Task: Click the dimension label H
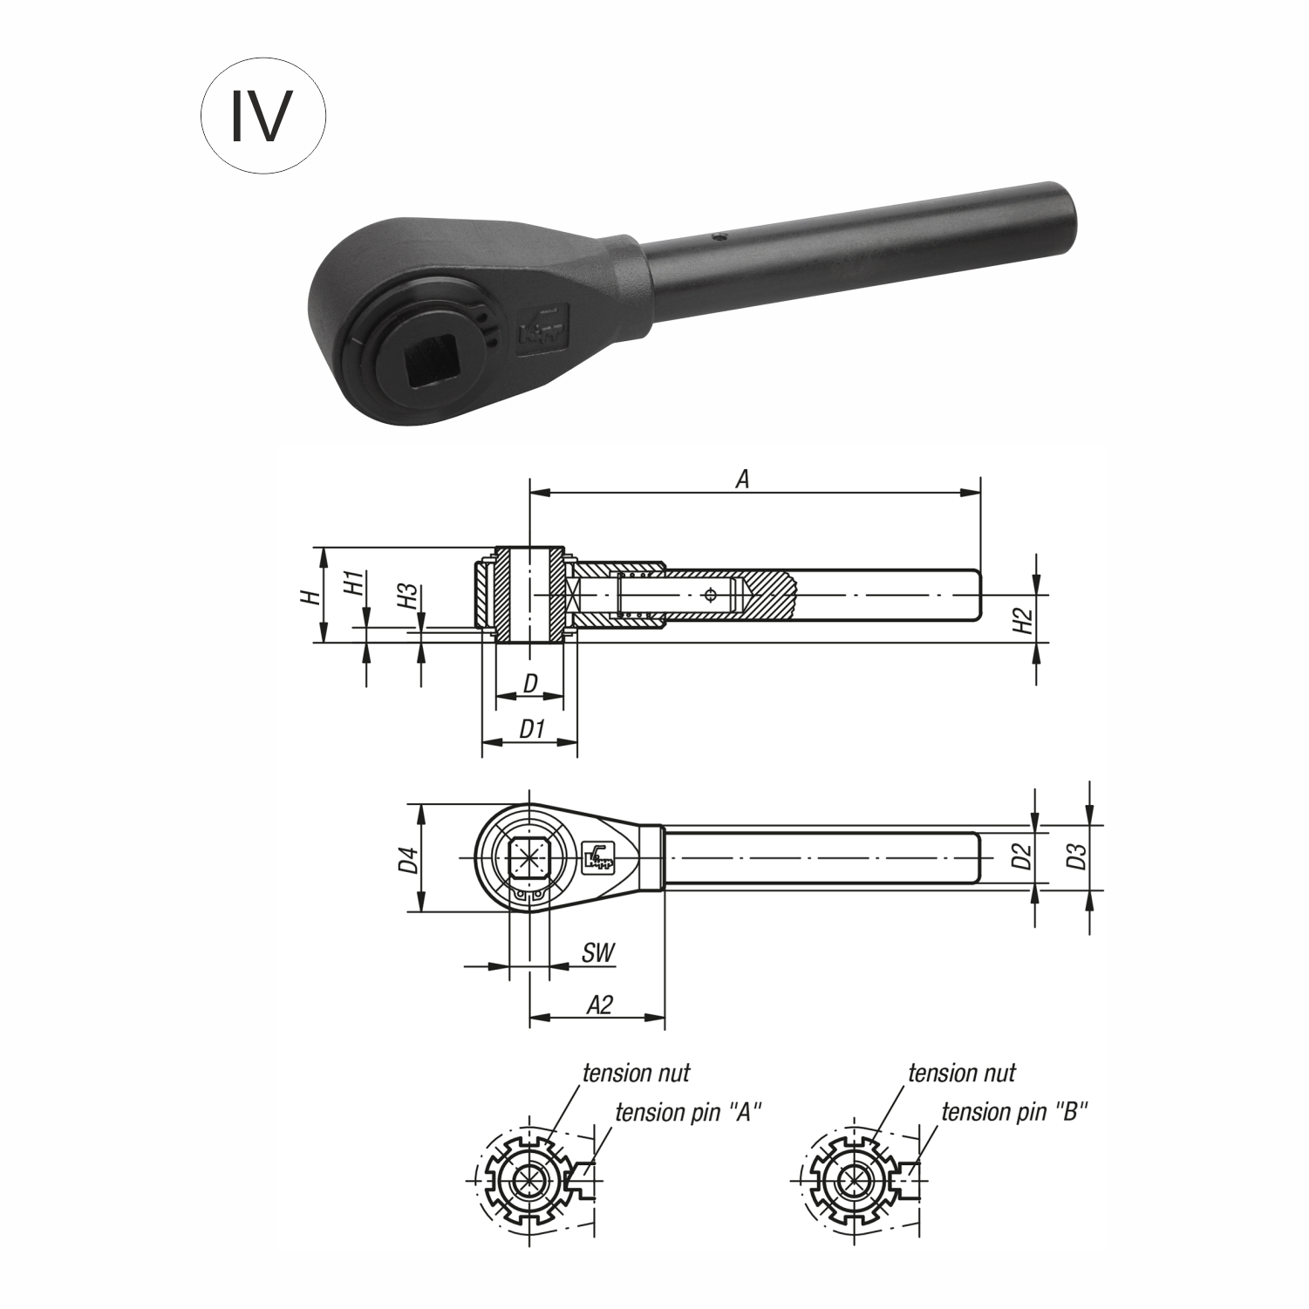pyautogui.click(x=308, y=597)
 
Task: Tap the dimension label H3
pyautogui.click(x=406, y=597)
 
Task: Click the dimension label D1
pyautogui.click(x=531, y=729)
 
